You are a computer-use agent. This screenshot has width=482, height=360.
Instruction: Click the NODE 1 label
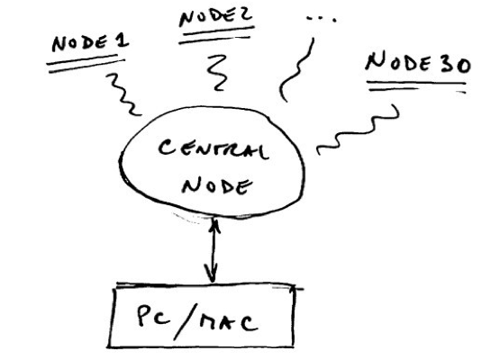[x=90, y=42]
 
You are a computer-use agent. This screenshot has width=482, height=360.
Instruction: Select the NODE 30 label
[x=418, y=63]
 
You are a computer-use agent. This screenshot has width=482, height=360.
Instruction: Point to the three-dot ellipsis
[x=322, y=19]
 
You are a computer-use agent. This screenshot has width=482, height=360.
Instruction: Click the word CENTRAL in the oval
[x=214, y=148]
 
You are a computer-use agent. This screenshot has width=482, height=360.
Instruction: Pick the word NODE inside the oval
[x=217, y=185]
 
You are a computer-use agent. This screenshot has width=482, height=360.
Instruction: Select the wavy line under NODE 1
[x=124, y=94]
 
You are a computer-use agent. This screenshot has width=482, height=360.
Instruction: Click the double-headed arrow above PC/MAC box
[x=213, y=249]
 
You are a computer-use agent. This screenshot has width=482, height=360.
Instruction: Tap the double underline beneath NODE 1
[x=86, y=64]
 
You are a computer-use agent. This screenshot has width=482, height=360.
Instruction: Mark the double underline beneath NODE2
[x=216, y=35]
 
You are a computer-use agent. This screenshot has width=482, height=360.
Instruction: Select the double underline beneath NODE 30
[x=417, y=86]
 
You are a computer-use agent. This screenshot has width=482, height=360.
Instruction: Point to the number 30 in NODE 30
[x=455, y=65]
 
